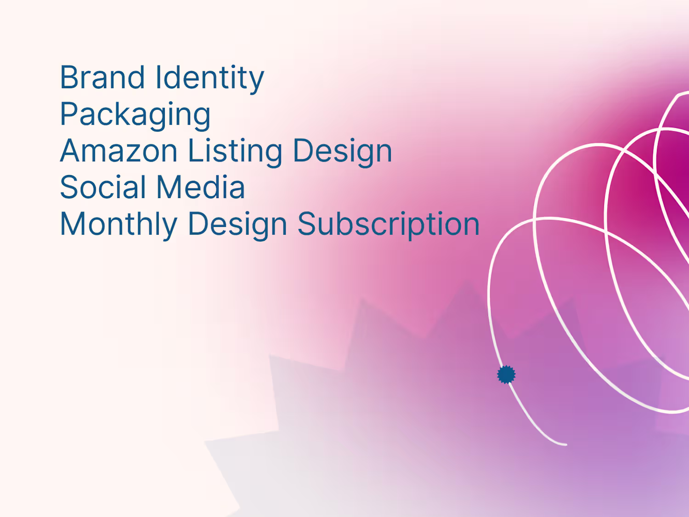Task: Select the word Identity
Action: [209, 79]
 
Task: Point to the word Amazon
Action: [119, 151]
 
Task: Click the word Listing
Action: [235, 152]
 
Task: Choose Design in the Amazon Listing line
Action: [343, 152]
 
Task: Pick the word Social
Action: [102, 187]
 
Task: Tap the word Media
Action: [200, 187]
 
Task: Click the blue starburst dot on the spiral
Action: [506, 375]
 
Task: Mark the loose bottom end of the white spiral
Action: [566, 444]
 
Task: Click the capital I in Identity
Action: [158, 77]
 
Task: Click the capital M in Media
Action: [169, 187]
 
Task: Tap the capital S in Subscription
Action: [307, 223]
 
